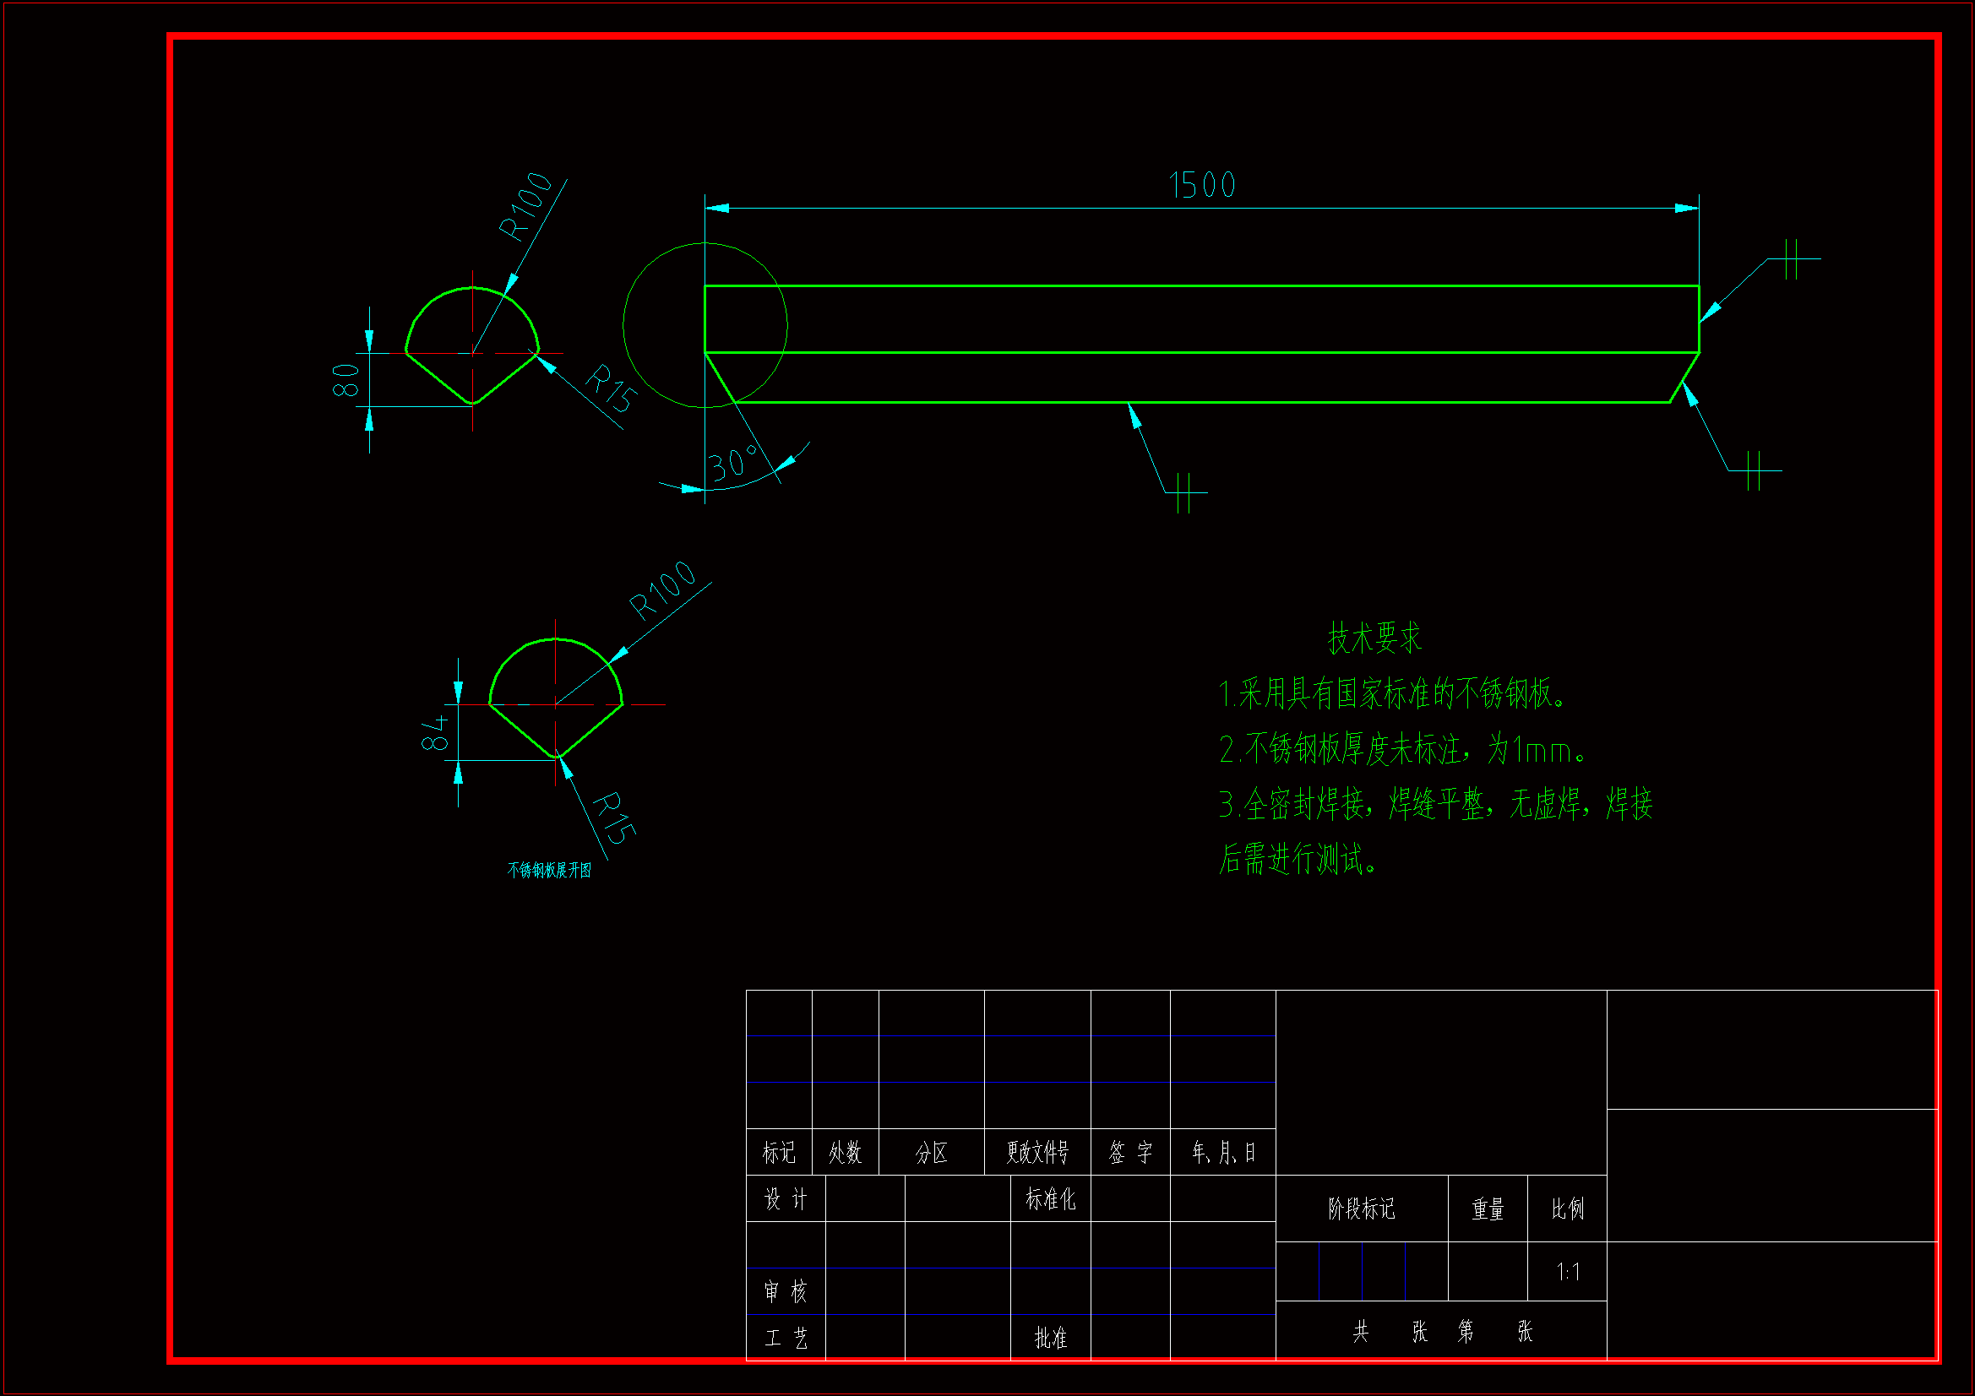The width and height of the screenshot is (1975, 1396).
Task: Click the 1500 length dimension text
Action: click(1202, 185)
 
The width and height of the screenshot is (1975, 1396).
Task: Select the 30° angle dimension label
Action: click(733, 464)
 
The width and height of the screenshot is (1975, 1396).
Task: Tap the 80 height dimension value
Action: click(345, 379)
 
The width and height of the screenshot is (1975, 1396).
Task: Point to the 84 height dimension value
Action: click(435, 732)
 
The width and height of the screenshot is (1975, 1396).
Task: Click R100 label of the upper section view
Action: click(525, 206)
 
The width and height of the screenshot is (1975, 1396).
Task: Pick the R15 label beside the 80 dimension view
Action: click(612, 388)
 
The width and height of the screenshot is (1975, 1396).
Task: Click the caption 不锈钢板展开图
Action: click(549, 871)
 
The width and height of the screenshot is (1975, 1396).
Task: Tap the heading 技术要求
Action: click(1374, 638)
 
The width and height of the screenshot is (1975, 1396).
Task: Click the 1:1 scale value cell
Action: click(1567, 1271)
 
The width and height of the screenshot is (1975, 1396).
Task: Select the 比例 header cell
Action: click(1567, 1209)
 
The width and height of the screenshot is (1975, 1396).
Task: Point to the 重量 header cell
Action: click(1488, 1209)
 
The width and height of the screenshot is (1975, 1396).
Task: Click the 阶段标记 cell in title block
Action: click(1361, 1209)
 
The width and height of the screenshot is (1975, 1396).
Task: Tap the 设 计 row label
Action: click(786, 1199)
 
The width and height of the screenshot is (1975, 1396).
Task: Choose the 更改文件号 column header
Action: click(1037, 1153)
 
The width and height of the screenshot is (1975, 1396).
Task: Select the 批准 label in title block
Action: click(1050, 1338)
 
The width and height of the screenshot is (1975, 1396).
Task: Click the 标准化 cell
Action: click(1050, 1199)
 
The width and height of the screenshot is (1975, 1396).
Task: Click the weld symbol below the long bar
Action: click(1185, 493)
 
